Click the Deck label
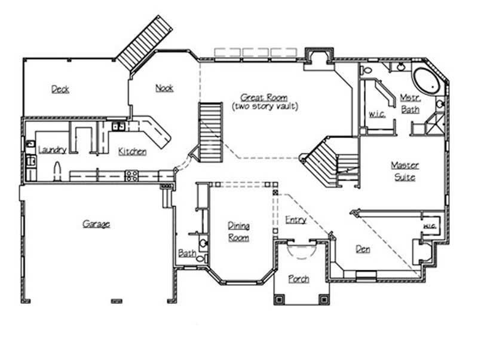[60, 89]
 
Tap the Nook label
[164, 88]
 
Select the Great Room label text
[264, 97]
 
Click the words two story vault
[265, 106]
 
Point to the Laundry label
[52, 150]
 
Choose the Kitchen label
[132, 151]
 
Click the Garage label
[96, 224]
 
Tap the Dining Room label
[238, 231]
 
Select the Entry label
[296, 219]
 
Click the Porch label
[299, 279]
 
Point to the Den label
[363, 249]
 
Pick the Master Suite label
[405, 171]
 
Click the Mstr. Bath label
[410, 103]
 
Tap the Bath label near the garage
[186, 254]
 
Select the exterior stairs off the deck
[144, 42]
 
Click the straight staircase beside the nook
[210, 132]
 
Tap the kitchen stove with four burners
[131, 175]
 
